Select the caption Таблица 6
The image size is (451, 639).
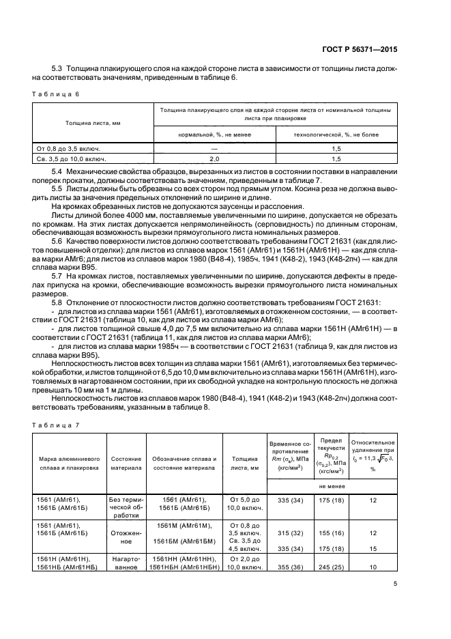tap(55, 94)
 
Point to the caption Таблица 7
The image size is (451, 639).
tap(55, 425)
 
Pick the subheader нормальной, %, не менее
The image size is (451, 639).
tap(214, 135)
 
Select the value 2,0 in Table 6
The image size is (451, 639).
tap(214, 158)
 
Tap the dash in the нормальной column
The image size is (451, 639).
tap(214, 148)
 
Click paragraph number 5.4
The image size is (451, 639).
tap(58, 170)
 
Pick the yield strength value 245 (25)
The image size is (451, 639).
tap(330, 567)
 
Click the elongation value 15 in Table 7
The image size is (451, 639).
tap(373, 548)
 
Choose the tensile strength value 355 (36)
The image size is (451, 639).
tap(290, 567)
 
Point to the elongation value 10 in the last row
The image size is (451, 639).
tap(373, 567)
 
